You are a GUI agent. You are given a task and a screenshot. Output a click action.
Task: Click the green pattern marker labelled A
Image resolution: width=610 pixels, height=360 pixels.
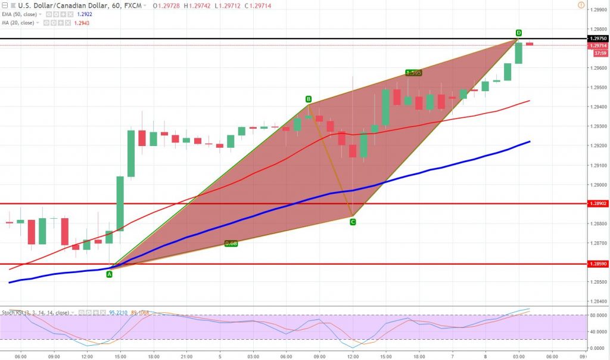pyautogui.click(x=109, y=274)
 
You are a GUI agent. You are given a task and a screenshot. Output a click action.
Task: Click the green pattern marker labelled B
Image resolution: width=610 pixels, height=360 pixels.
pyautogui.click(x=309, y=99)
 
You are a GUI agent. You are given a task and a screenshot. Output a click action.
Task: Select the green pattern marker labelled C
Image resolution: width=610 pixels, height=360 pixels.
pyautogui.click(x=353, y=222)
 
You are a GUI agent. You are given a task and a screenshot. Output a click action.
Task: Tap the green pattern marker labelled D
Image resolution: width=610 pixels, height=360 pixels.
pyautogui.click(x=519, y=32)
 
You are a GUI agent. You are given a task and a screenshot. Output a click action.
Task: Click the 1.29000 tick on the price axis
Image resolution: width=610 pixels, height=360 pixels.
pyautogui.click(x=597, y=185)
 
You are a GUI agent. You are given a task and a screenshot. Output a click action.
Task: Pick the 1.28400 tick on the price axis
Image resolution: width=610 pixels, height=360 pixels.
pyautogui.click(x=597, y=301)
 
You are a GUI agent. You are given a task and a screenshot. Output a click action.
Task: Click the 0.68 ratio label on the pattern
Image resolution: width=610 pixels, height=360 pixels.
pyautogui.click(x=231, y=243)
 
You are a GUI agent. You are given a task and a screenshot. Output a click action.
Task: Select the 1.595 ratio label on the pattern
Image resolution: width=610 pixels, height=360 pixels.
pyautogui.click(x=413, y=73)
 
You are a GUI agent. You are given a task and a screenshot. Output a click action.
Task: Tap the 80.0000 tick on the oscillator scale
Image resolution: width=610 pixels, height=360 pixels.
pyautogui.click(x=597, y=315)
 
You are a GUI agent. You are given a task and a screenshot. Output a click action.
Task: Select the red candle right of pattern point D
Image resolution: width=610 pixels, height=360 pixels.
pyautogui.click(x=529, y=44)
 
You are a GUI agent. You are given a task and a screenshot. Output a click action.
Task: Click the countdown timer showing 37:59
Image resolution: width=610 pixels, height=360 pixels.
pyautogui.click(x=599, y=52)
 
